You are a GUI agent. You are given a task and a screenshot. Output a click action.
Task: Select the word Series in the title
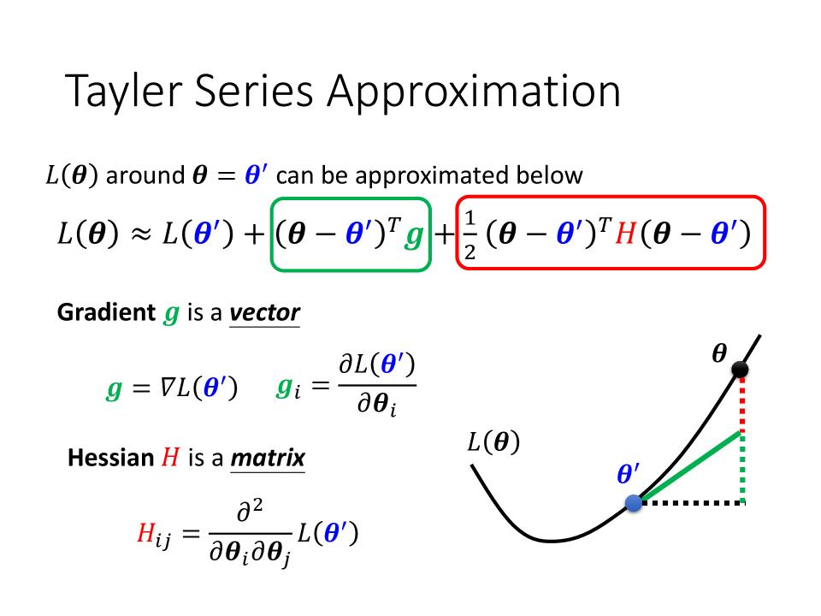click(x=254, y=92)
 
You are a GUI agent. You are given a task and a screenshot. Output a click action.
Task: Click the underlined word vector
click(x=264, y=313)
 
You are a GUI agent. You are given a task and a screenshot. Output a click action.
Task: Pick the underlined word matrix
click(x=268, y=458)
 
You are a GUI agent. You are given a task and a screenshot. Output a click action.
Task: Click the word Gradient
click(x=106, y=312)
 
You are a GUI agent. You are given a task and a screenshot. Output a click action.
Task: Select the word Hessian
click(x=110, y=458)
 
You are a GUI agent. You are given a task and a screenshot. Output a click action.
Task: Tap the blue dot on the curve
click(x=634, y=503)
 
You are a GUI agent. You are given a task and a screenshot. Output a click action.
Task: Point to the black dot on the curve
click(x=740, y=370)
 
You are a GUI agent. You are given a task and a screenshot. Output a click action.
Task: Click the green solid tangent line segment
click(x=689, y=467)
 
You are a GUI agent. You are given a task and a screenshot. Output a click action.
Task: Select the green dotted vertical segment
click(x=742, y=467)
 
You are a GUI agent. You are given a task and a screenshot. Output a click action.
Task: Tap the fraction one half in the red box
click(x=470, y=234)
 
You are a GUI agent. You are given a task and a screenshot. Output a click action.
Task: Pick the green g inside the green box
click(x=414, y=237)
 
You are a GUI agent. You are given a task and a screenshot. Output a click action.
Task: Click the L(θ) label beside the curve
click(x=493, y=441)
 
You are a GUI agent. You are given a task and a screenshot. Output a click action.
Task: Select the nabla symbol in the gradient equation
click(x=168, y=388)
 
